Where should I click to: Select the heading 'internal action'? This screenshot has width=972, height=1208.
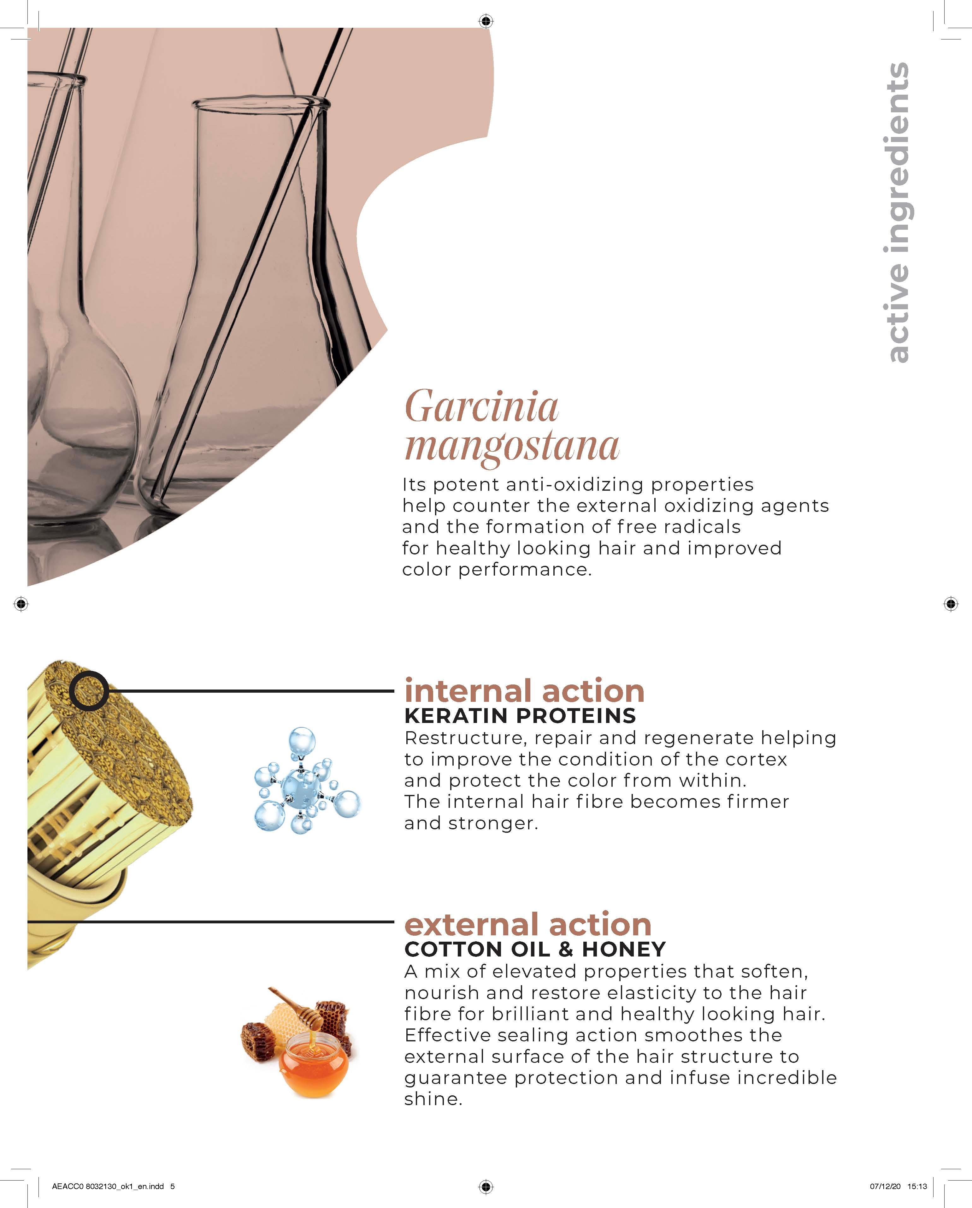pyautogui.click(x=524, y=691)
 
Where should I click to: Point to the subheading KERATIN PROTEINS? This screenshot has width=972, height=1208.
pyautogui.click(x=520, y=716)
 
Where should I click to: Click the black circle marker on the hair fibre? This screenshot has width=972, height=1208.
pyautogui.click(x=89, y=690)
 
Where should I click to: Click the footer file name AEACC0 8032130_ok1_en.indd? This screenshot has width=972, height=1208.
pyautogui.click(x=108, y=1186)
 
